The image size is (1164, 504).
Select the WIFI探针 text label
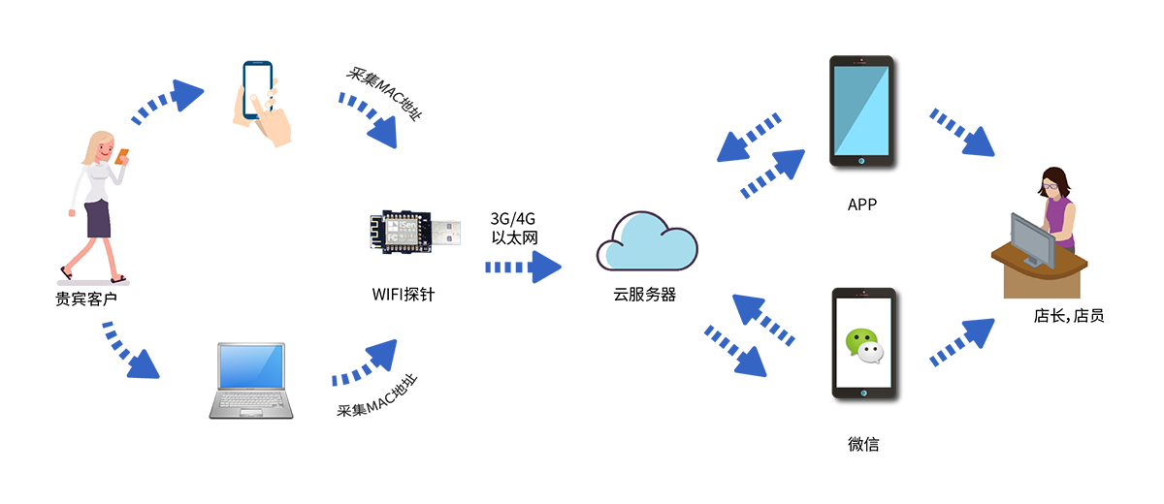(x=404, y=293)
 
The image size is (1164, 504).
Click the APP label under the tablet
(x=862, y=205)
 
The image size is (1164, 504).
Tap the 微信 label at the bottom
(x=862, y=445)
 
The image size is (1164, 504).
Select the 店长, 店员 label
(x=1069, y=315)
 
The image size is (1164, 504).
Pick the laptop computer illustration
(x=251, y=381)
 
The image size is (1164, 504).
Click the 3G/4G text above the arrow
(x=513, y=216)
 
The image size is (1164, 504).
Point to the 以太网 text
(x=513, y=236)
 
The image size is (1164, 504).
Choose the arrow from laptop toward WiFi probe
(x=366, y=363)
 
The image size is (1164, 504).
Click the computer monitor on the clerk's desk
(x=1029, y=238)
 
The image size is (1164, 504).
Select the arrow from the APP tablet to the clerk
(x=962, y=133)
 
